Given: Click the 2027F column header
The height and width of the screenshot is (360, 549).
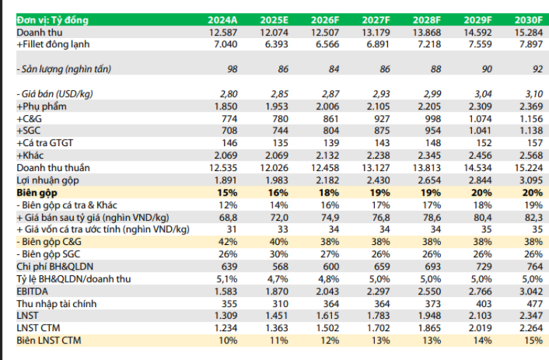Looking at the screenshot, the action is click(376, 20).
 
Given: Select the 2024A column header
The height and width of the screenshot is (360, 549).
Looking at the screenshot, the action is click(222, 20).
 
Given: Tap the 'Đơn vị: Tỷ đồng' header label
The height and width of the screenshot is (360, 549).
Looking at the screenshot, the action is click(53, 20).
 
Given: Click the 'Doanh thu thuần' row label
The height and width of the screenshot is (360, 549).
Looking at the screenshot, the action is click(53, 168).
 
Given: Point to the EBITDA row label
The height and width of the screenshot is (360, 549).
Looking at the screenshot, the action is click(32, 292).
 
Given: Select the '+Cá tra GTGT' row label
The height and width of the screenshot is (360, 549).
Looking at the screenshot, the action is click(45, 143).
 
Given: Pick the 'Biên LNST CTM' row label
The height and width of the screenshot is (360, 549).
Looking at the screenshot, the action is click(49, 341).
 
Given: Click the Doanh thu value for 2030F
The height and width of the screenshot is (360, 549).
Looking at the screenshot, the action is click(529, 33).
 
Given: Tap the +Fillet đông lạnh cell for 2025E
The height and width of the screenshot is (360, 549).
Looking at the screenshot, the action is click(277, 44).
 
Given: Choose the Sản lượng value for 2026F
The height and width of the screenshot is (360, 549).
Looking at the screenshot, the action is click(334, 69).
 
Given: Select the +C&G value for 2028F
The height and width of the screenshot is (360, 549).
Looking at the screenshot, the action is click(433, 119).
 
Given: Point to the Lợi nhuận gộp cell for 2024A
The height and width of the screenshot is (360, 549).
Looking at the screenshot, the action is click(226, 180).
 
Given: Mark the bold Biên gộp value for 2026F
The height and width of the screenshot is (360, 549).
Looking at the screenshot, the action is click(329, 193).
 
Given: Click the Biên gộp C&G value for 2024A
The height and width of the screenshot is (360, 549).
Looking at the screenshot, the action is click(228, 242).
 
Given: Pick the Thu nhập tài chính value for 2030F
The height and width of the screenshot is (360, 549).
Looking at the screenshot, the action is click(535, 303).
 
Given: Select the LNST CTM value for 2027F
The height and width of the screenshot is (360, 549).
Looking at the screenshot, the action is click(378, 328).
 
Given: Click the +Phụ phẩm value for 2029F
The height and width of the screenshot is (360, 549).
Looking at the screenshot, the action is click(480, 107).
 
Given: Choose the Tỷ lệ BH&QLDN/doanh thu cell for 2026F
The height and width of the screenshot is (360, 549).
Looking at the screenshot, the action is click(329, 279).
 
